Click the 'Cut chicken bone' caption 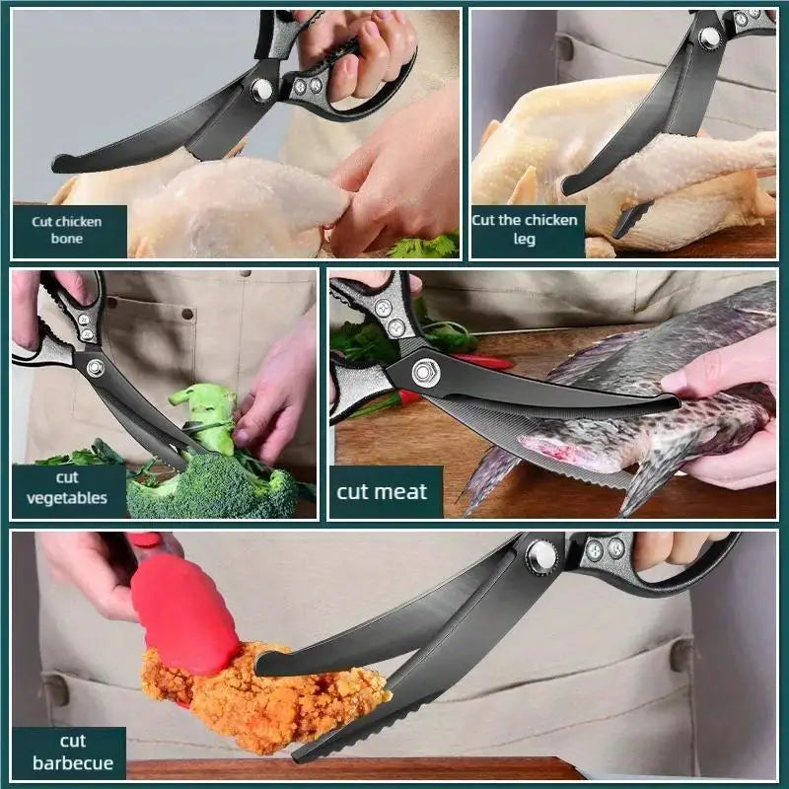[x=66, y=230]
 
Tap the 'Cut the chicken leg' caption [x=525, y=229]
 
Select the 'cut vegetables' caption [x=67, y=487]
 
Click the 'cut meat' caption [x=382, y=491]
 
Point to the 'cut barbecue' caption [x=73, y=752]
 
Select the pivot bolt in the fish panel [x=426, y=373]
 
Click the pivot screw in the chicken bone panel [x=261, y=90]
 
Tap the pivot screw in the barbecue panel [x=541, y=557]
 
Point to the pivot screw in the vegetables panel [x=95, y=368]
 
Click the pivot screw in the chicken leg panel [x=709, y=38]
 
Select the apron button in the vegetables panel [x=187, y=314]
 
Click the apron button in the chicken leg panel [x=565, y=48]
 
